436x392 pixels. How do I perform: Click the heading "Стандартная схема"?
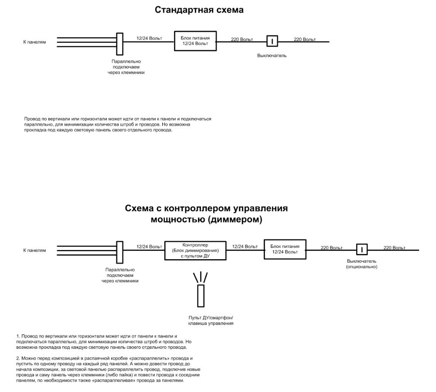[199, 10]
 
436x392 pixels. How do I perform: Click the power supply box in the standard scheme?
[195, 41]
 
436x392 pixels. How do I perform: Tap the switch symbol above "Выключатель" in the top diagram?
[272, 41]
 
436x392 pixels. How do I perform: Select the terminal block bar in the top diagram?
[118, 44]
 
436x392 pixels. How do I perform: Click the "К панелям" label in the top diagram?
[34, 42]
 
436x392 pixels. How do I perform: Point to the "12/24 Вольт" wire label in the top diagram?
[149, 38]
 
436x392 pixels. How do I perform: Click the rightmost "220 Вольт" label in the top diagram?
[305, 39]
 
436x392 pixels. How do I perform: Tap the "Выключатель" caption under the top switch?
[272, 56]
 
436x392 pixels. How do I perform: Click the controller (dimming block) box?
[195, 250]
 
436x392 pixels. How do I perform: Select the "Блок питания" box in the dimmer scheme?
[285, 249]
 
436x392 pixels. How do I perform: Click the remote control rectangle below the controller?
[201, 296]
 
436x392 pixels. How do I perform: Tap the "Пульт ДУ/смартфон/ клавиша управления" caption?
[211, 321]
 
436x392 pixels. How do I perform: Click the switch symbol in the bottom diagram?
[362, 250]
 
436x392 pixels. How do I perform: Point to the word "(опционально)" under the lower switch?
[361, 267]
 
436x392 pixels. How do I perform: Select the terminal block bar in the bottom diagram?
[119, 252]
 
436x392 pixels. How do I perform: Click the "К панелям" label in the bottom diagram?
[34, 250]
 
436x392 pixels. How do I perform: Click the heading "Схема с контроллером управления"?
[206, 208]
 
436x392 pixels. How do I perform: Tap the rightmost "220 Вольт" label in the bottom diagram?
[394, 248]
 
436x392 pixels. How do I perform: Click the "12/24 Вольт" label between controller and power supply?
[245, 247]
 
